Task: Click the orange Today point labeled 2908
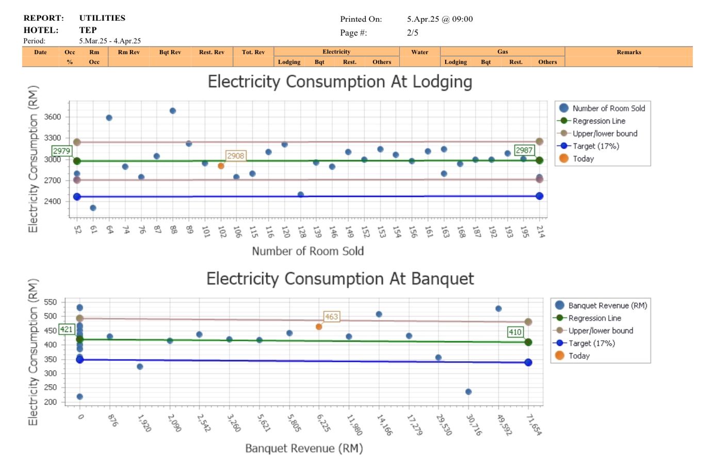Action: pyautogui.click(x=221, y=166)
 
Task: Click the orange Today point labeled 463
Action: pyautogui.click(x=319, y=327)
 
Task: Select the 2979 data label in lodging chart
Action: pyautogui.click(x=61, y=151)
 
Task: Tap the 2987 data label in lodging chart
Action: pyautogui.click(x=524, y=150)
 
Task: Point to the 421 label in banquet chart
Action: pyautogui.click(x=67, y=329)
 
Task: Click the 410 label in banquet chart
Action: pyautogui.click(x=515, y=332)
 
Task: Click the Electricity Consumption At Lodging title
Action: pyautogui.click(x=339, y=82)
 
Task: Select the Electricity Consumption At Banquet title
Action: pyautogui.click(x=339, y=279)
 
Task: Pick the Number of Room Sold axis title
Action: pyautogui.click(x=307, y=251)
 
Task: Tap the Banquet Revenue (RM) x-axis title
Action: pyautogui.click(x=304, y=448)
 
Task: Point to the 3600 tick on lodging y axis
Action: pyautogui.click(x=52, y=117)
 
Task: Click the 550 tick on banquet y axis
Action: pyautogui.click(x=50, y=302)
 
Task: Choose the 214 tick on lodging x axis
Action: pyautogui.click(x=540, y=231)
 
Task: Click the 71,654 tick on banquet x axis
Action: pyautogui.click(x=534, y=425)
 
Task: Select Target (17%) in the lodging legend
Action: pyautogui.click(x=595, y=146)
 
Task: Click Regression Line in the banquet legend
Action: pyautogui.click(x=594, y=318)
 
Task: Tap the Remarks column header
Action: pyautogui.click(x=628, y=52)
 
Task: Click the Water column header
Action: pyautogui.click(x=419, y=52)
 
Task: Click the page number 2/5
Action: pyautogui.click(x=412, y=32)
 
